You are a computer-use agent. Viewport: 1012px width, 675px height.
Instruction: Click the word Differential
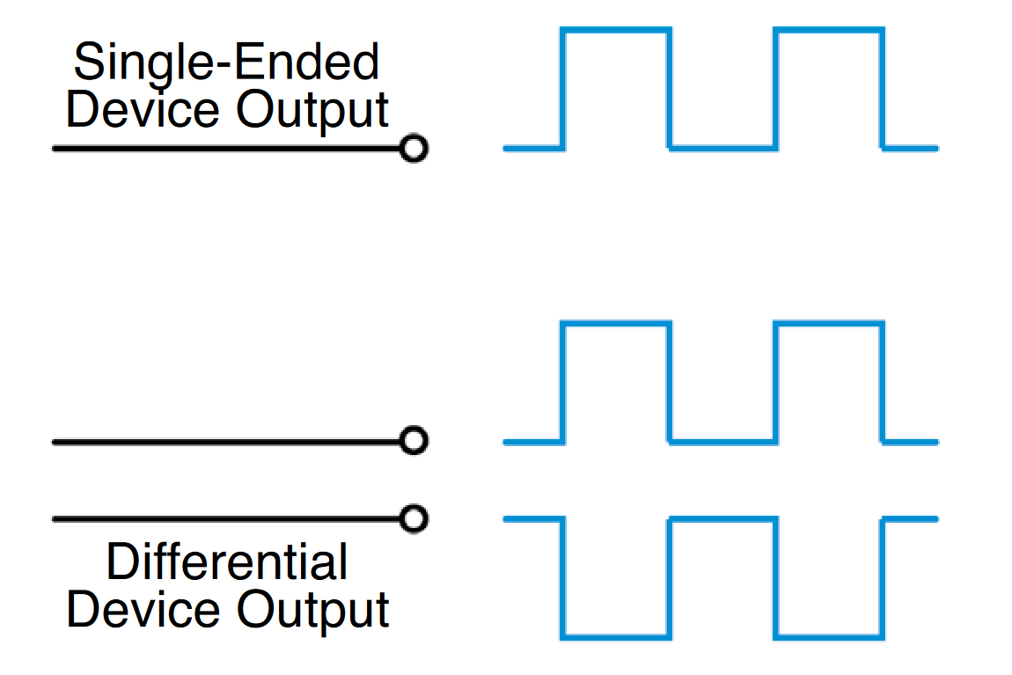coord(226,561)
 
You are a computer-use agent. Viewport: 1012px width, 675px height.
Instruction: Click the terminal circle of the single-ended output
coord(413,149)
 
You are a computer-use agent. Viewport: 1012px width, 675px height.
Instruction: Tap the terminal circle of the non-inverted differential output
coord(413,440)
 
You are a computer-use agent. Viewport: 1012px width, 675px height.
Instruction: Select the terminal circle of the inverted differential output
coord(413,518)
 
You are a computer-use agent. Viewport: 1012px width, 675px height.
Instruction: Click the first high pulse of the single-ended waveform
coord(616,31)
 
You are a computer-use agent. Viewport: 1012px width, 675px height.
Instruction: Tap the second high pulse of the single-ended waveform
coord(828,31)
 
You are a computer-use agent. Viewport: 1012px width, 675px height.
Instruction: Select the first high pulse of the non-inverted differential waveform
coord(616,325)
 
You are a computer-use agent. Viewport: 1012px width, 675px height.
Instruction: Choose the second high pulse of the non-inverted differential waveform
coord(828,325)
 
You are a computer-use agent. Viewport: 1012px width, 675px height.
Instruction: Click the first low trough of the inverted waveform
coord(616,635)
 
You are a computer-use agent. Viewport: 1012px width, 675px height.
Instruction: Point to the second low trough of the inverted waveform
coord(828,635)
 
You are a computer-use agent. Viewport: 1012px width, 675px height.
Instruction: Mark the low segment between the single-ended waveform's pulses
coord(722,148)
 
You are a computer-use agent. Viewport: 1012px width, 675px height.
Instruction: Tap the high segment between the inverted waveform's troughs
coord(722,519)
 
